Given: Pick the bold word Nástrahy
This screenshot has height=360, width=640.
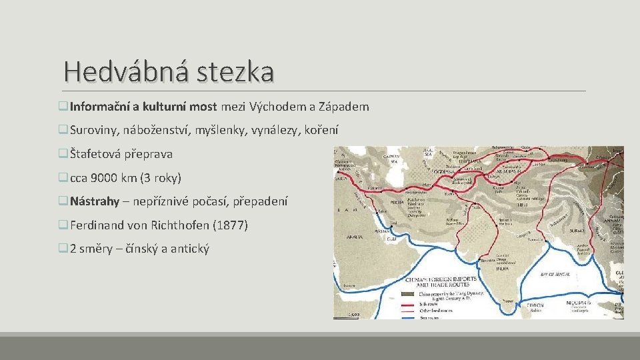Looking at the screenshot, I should point(94,201).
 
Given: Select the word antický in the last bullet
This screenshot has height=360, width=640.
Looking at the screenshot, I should point(190,249).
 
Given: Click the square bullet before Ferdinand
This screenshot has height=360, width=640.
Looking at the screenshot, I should point(63,225).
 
